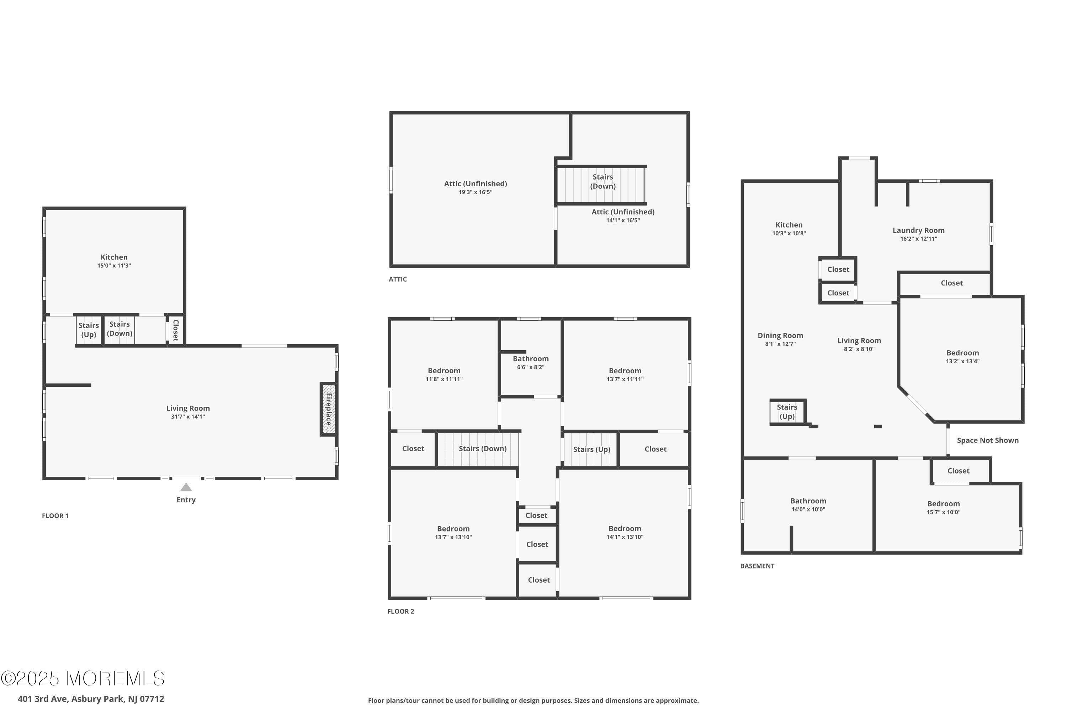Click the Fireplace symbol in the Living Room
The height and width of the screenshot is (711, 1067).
tap(328, 409)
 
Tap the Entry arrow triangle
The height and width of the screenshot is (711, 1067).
tap(186, 487)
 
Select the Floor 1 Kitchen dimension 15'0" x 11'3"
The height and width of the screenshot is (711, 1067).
tap(114, 266)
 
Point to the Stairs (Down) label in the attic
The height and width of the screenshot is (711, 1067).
tap(603, 181)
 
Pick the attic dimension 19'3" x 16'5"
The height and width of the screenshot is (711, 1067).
tap(476, 192)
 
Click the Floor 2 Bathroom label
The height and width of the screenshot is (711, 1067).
tap(531, 359)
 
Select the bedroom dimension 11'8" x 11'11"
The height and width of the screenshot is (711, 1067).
tap(444, 379)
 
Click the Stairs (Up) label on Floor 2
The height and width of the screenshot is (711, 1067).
tap(591, 449)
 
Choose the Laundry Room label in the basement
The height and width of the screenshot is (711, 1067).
tap(919, 230)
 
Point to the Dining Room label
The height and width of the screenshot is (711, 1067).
tap(780, 336)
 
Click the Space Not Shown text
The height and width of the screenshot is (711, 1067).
tap(988, 440)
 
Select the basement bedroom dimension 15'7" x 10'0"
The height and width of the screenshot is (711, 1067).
tap(944, 512)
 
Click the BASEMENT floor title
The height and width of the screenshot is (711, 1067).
tap(757, 566)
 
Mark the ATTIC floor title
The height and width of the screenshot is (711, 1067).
tap(398, 279)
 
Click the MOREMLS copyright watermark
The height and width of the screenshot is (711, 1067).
tap(83, 679)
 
